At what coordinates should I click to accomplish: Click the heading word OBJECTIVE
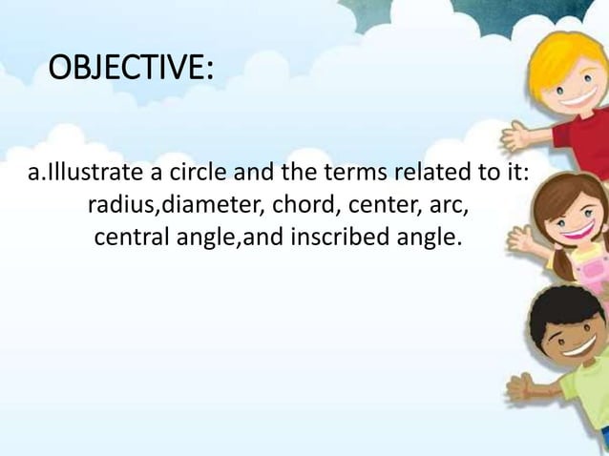pyautogui.click(x=131, y=69)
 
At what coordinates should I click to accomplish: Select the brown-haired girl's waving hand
pyautogui.click(x=520, y=238)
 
